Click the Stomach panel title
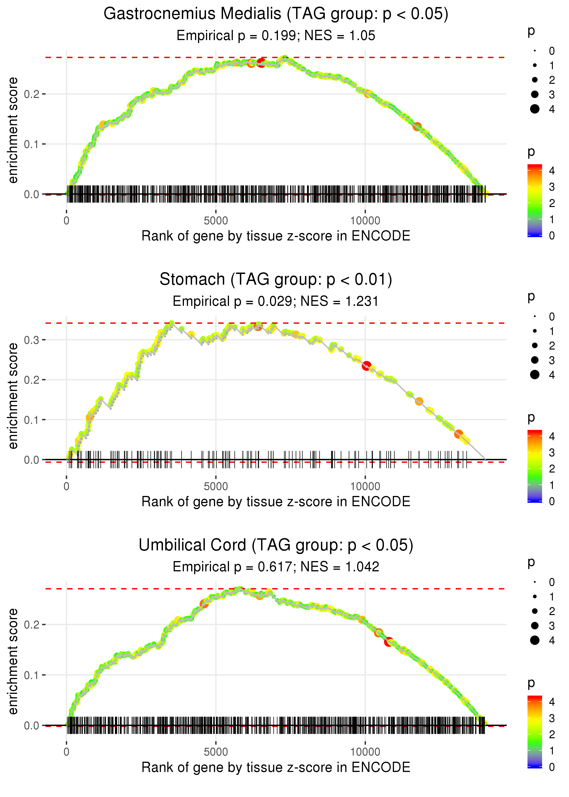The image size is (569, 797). click(276, 280)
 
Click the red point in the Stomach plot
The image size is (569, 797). click(366, 365)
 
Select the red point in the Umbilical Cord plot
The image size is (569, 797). click(389, 642)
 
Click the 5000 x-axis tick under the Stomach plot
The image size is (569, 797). click(216, 486)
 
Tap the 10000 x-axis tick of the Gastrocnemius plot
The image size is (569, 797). click(365, 221)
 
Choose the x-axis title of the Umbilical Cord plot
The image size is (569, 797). click(276, 767)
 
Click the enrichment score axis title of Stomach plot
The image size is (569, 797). click(13, 396)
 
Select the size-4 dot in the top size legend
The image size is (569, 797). click(535, 109)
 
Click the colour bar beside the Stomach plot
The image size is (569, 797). click(535, 466)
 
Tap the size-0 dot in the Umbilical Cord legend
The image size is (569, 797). click(535, 582)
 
